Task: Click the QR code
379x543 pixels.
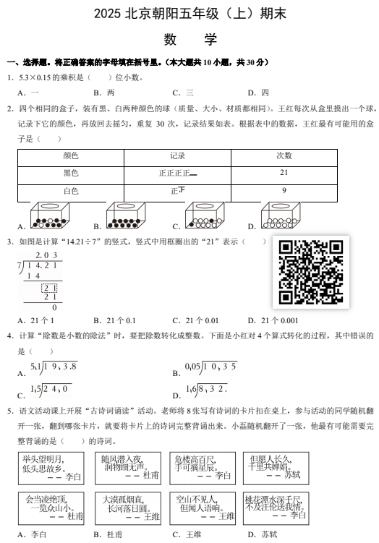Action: pos(310,272)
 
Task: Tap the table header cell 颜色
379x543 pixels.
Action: pos(70,155)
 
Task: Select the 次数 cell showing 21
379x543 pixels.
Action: pos(284,173)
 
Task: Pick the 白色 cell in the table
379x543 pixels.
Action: pos(70,191)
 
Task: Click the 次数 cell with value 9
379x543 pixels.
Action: pos(284,191)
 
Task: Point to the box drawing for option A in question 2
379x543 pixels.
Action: pos(54,215)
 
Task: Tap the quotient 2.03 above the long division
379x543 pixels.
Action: pos(46,255)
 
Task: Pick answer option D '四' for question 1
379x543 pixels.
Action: pos(264,93)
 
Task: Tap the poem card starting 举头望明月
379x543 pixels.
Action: pos(52,468)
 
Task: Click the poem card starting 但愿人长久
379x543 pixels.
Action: pos(275,468)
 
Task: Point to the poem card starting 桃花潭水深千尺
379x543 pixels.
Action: pos(275,508)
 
